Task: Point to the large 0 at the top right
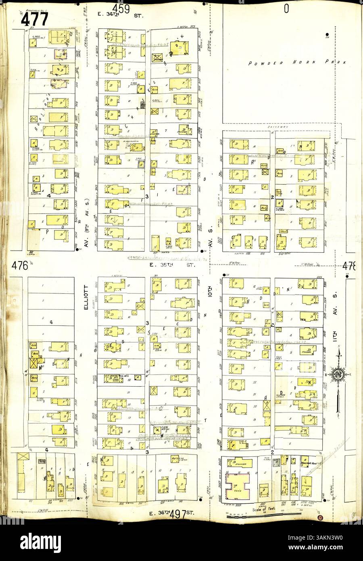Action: coord(286,9)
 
